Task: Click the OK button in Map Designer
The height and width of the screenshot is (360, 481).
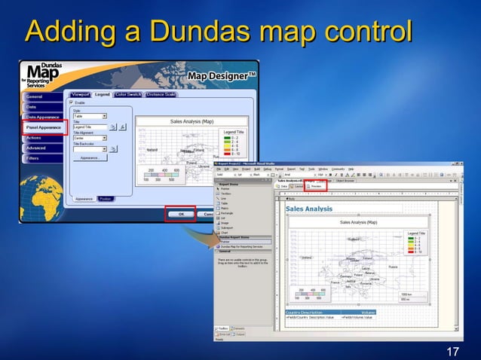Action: [x=181, y=214]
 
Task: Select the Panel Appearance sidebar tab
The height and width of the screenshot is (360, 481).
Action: [x=44, y=128]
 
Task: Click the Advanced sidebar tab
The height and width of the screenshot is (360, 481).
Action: [x=37, y=148]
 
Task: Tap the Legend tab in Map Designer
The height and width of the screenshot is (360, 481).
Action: [x=103, y=94]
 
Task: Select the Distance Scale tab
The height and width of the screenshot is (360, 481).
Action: [x=161, y=94]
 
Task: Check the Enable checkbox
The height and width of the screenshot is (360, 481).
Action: [x=72, y=102]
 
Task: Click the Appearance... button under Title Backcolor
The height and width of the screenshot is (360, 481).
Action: [x=90, y=157]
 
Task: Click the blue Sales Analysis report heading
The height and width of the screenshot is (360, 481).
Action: [x=309, y=209]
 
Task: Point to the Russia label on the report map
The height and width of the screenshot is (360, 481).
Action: [x=392, y=267]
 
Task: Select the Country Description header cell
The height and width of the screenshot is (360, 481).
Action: [x=305, y=312]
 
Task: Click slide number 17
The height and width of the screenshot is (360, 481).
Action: [x=452, y=352]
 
